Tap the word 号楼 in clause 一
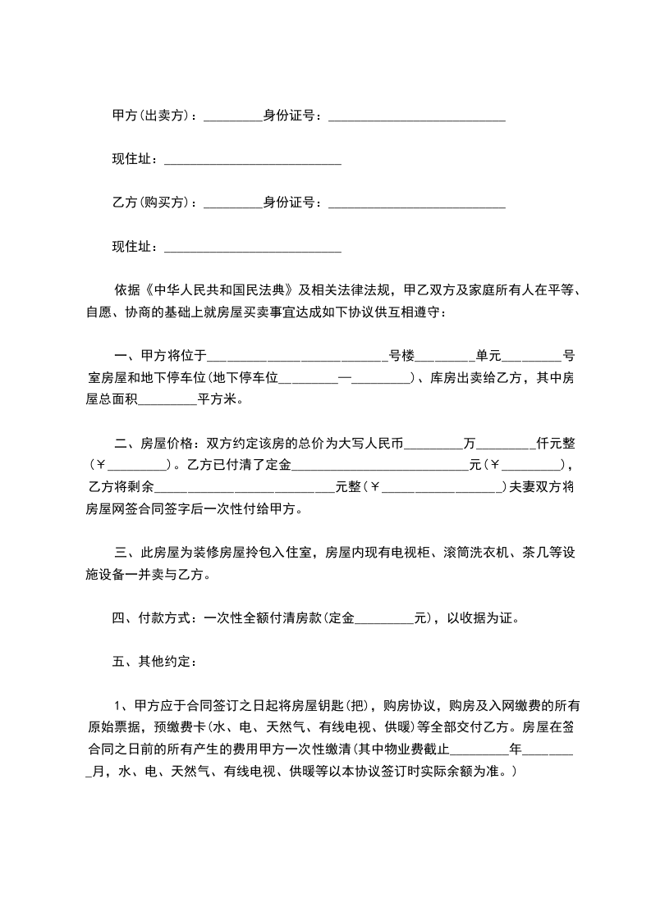(401, 356)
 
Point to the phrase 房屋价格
(167, 444)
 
